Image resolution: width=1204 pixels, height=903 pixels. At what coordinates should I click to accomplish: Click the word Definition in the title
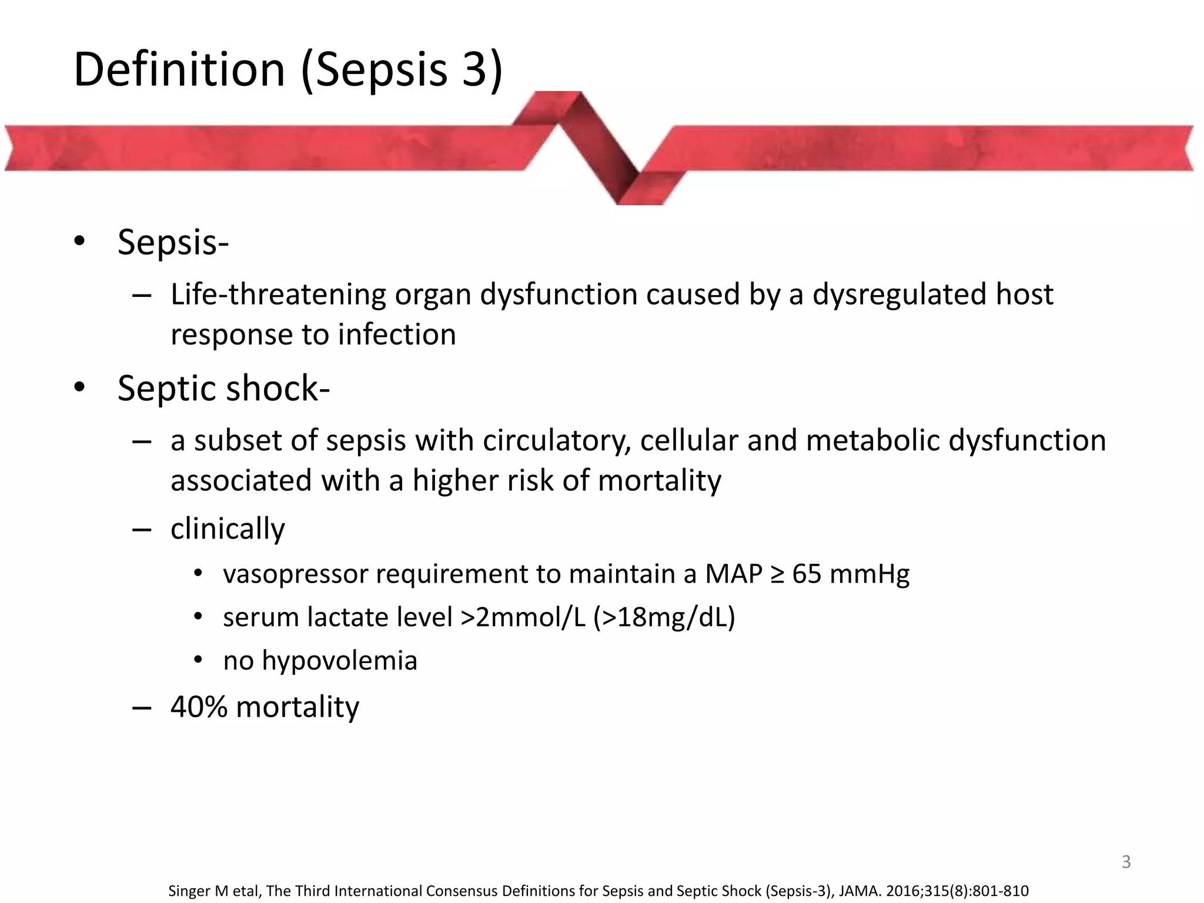179,69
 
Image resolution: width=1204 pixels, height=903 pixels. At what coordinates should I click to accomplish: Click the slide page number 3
1126,862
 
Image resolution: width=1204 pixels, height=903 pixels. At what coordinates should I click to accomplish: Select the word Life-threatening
277,295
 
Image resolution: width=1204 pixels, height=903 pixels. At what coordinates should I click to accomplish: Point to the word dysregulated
899,295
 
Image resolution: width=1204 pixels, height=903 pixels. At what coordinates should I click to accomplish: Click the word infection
397,335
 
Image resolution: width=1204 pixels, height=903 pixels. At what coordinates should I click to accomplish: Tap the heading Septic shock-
223,389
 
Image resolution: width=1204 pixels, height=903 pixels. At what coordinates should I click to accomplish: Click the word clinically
228,529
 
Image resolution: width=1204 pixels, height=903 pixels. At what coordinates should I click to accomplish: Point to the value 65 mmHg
850,574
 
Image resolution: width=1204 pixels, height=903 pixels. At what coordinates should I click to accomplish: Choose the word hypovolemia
339,661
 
